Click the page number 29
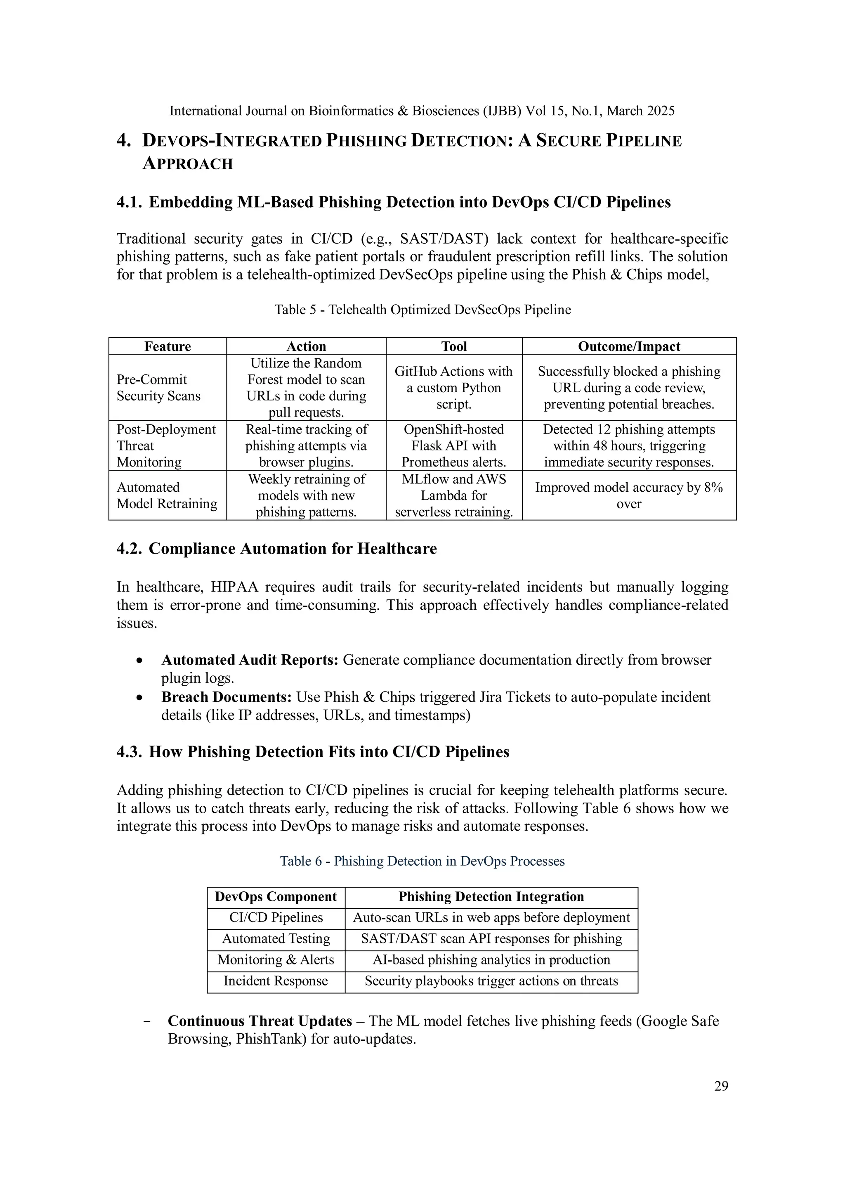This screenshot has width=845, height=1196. click(720, 1086)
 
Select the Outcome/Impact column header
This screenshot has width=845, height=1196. click(629, 346)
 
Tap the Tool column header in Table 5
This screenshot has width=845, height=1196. click(454, 346)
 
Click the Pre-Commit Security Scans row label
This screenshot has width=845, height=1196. click(158, 388)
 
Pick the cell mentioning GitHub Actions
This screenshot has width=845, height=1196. click(453, 388)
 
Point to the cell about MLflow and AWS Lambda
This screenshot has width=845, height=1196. click(453, 495)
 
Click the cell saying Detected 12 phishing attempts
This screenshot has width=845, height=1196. click(629, 445)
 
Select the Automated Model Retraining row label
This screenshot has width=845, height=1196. click(167, 495)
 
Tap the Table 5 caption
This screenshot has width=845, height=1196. click(422, 310)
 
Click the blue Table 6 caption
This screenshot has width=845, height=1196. click(422, 861)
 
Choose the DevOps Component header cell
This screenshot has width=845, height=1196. click(276, 896)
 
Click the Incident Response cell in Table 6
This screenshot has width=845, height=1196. click(276, 981)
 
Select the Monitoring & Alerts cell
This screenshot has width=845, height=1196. click(276, 959)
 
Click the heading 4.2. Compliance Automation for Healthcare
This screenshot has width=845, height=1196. click(276, 549)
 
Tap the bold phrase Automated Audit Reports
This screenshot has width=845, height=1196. click(250, 660)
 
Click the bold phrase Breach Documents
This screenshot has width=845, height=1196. click(226, 697)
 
